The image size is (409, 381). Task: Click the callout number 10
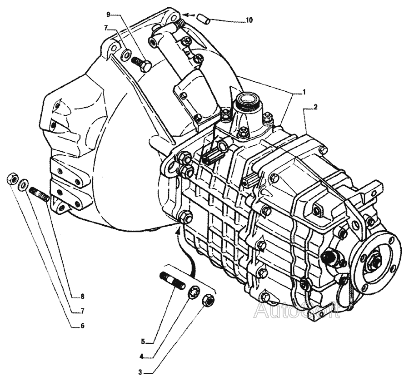click(250, 20)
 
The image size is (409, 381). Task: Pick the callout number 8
click(83, 297)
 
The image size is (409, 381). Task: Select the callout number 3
click(140, 372)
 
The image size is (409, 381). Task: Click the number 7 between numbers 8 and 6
click(83, 311)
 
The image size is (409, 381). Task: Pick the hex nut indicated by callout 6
click(12, 178)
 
